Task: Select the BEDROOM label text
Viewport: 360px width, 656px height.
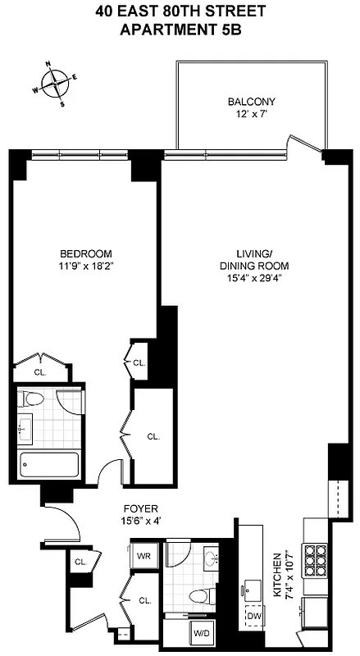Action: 85,253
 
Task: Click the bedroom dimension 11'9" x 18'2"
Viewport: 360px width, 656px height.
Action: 85,266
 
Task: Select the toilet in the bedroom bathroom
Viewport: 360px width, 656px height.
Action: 34,402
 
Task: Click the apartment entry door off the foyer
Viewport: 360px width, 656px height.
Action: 62,525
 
